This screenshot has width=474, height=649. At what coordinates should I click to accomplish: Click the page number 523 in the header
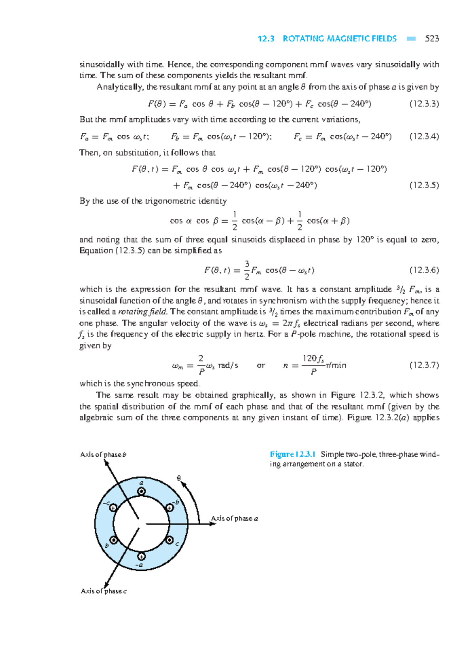432,39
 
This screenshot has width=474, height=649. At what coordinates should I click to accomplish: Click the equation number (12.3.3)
424,104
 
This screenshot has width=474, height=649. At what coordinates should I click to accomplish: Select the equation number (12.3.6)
424,271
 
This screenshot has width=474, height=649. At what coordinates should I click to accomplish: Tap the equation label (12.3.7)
424,365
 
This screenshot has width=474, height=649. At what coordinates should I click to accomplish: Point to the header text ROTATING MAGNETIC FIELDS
339,39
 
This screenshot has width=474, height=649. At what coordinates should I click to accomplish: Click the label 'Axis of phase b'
103,455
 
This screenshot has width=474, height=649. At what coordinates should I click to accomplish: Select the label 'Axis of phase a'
234,518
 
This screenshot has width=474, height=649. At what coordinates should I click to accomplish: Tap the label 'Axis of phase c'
103,591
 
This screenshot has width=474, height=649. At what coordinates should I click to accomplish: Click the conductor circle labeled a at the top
141,492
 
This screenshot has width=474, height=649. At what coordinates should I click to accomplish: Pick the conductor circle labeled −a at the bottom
141,556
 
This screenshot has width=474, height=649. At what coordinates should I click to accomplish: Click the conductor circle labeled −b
169,507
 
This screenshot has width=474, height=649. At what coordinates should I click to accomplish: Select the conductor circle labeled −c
113,507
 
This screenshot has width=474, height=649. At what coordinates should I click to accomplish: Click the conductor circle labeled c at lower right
169,540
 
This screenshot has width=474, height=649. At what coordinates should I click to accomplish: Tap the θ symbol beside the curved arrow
179,478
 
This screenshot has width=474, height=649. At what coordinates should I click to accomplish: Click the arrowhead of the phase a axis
213,524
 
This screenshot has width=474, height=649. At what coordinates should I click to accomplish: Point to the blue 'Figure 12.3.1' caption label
293,454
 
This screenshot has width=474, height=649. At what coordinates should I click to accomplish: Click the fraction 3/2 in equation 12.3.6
247,270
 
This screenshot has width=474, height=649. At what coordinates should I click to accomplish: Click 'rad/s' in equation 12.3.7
228,365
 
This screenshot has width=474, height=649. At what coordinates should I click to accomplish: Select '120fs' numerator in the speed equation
313,359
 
